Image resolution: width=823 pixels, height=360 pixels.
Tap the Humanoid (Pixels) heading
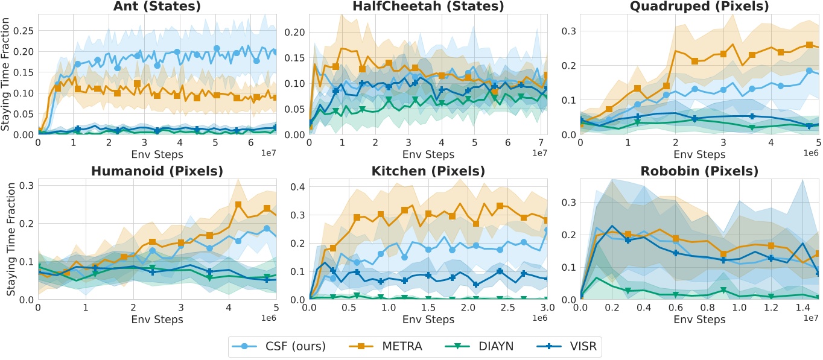(157, 171)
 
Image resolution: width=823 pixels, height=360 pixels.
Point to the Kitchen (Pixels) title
(428, 171)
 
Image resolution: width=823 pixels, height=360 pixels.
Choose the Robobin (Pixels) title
(699, 171)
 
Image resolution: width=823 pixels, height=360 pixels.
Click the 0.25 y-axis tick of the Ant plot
(22, 30)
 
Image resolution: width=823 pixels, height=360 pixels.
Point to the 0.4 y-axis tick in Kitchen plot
(294, 186)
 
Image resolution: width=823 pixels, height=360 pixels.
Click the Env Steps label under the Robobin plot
(699, 320)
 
